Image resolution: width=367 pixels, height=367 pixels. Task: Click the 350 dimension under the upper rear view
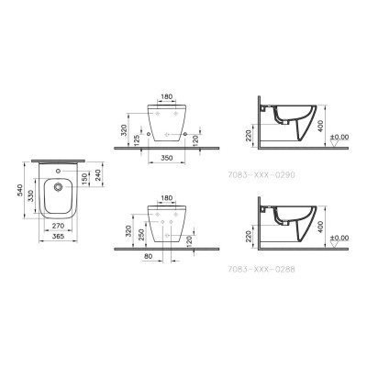pyautogui.click(x=167, y=159)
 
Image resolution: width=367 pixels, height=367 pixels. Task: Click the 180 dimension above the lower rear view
pyautogui.click(x=167, y=197)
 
